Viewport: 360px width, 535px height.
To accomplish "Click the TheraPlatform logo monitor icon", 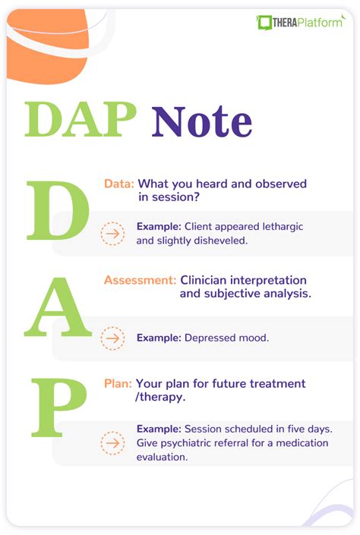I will tap(265, 23).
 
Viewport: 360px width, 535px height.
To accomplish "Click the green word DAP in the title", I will tap(81, 120).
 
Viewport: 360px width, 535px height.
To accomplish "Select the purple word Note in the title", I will tap(202, 121).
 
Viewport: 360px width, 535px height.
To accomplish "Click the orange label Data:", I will tap(119, 184).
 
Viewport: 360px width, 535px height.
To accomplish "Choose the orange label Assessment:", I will tap(140, 280).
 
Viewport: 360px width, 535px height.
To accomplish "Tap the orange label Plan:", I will tap(118, 383).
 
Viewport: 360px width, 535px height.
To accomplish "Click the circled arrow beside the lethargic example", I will tap(113, 234).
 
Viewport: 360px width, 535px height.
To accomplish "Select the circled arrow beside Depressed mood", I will tap(113, 338).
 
